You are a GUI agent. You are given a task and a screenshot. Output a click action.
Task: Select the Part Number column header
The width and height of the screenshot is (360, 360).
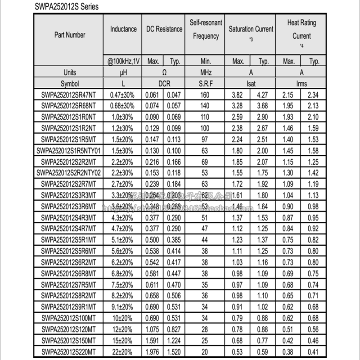pyautogui.click(x=70, y=35)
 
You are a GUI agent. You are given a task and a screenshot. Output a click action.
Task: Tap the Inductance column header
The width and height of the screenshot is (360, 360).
pyautogui.click(x=123, y=29)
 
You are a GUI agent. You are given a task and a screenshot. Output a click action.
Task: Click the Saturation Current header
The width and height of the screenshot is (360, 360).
pyautogui.click(x=251, y=29)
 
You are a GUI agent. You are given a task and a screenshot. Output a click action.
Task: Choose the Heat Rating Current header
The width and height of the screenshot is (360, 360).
pyautogui.click(x=301, y=29)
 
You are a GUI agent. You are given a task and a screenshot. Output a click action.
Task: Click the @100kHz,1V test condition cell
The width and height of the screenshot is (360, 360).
pyautogui.click(x=123, y=61)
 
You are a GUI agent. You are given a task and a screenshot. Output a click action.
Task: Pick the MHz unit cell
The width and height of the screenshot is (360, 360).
pyautogui.click(x=205, y=72)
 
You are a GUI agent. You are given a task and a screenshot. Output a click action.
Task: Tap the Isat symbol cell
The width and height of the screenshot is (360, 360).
pyautogui.click(x=251, y=84)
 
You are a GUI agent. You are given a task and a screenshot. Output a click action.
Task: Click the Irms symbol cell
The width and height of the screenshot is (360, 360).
pyautogui.click(x=301, y=84)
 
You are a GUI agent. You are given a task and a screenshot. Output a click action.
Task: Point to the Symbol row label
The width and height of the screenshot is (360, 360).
pyautogui.click(x=70, y=84)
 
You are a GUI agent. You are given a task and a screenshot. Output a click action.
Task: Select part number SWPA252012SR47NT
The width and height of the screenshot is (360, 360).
pyautogui.click(x=70, y=95)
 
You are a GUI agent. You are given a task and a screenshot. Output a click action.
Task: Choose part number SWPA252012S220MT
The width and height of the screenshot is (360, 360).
pyautogui.click(x=70, y=351)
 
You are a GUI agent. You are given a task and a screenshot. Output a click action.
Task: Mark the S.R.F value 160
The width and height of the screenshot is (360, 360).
pyautogui.click(x=205, y=95)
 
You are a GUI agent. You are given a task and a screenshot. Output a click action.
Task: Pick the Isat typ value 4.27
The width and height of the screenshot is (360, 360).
pyautogui.click(x=264, y=95)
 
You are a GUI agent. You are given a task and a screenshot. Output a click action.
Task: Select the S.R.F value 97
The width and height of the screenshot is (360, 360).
pyautogui.click(x=205, y=139)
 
